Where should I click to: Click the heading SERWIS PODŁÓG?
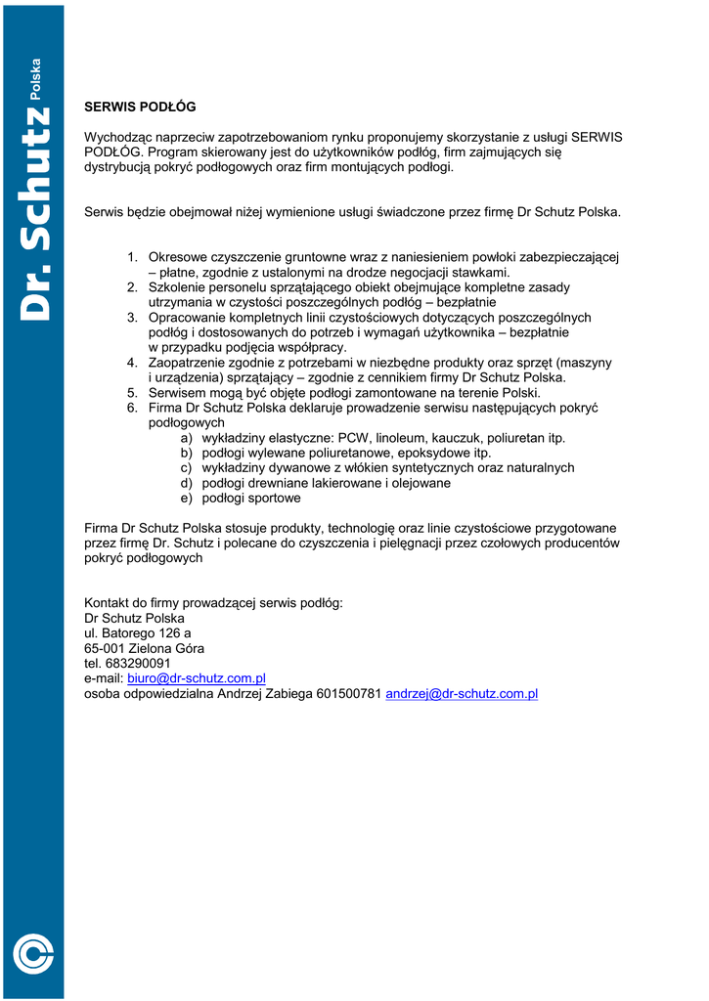coord(140,107)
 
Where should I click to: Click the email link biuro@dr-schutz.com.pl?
coord(197,678)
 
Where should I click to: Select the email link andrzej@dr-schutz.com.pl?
coord(463,693)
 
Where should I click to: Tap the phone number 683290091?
coord(140,663)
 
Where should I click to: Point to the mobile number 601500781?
coord(349,693)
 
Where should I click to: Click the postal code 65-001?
coord(105,648)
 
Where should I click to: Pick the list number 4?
coord(132,363)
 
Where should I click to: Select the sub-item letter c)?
coord(186,468)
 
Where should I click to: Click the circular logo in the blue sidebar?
coord(33,953)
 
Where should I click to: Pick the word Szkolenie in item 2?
coord(177,287)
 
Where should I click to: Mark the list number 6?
coord(132,408)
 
